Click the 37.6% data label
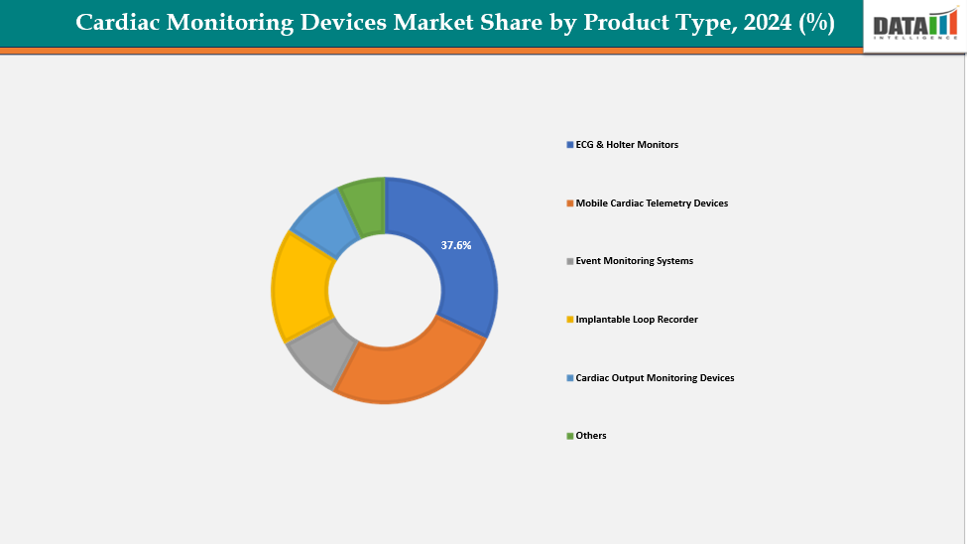click(456, 244)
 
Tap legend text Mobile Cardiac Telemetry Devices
click(652, 204)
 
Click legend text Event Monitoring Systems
click(634, 261)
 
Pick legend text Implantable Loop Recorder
click(637, 320)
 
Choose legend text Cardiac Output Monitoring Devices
click(655, 378)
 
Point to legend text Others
click(591, 436)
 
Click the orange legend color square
click(569, 204)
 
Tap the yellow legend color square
click(569, 320)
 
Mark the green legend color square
click(569, 436)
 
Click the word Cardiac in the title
click(122, 23)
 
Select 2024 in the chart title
click(762, 23)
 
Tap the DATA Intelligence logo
click(914, 26)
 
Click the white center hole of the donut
click(385, 291)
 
